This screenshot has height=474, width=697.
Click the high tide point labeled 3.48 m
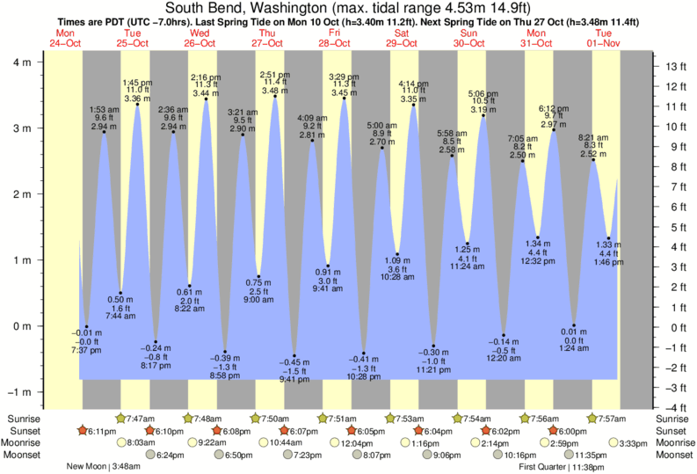click(275, 96)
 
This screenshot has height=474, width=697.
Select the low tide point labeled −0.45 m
click(294, 355)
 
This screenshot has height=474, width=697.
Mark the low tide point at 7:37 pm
click(86, 326)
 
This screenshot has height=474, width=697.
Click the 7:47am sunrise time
click(139, 419)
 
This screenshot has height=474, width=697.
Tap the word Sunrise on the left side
click(24, 419)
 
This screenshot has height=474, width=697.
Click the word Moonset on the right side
click(673, 456)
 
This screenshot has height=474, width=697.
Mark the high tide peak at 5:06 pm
click(483, 115)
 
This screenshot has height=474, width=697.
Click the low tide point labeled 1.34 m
click(538, 237)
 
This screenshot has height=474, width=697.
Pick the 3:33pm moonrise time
click(630, 443)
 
